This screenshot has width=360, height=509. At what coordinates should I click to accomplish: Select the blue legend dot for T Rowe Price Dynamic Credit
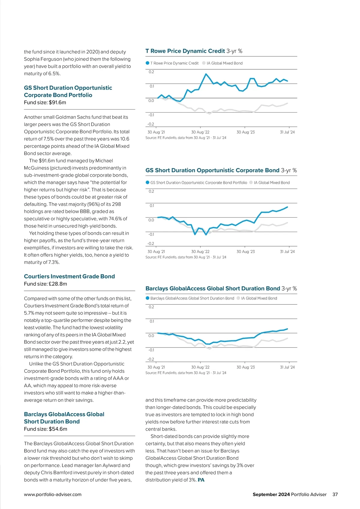click(147, 63)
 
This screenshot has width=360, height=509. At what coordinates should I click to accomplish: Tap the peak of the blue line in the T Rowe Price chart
click(206, 74)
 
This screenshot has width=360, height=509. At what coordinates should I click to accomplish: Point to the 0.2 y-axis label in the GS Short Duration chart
click(151, 191)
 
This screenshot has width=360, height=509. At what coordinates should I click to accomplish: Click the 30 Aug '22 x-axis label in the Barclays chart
click(200, 367)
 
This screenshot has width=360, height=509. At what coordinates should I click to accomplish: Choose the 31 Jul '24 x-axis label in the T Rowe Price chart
click(287, 132)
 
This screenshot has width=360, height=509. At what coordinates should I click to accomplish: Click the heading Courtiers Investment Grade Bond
click(69, 276)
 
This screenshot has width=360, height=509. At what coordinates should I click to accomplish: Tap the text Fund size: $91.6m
click(45, 102)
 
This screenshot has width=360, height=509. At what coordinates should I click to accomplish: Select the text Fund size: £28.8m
click(45, 284)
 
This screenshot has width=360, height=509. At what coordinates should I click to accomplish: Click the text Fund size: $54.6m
click(46, 429)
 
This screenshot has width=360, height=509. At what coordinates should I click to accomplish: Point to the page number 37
click(335, 494)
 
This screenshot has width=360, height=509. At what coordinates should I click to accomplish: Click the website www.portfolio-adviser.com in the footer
click(53, 494)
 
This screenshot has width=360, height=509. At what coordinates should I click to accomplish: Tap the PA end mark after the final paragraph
click(201, 480)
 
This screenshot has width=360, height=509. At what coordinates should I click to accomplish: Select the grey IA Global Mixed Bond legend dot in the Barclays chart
click(238, 298)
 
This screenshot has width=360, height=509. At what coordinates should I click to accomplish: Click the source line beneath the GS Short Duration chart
click(186, 257)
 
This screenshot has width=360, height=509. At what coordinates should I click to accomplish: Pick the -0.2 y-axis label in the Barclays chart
click(151, 359)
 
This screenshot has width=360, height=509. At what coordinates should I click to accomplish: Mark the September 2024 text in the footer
click(271, 494)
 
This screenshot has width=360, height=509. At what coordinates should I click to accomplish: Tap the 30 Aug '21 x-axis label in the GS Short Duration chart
click(156, 251)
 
